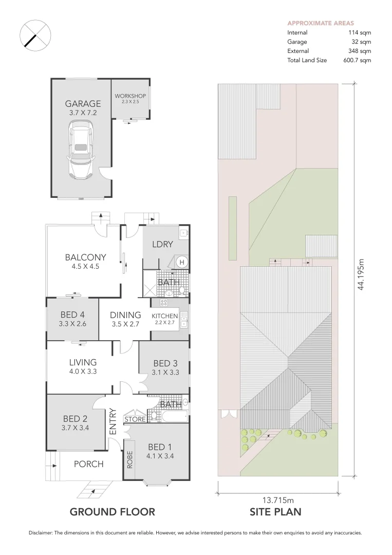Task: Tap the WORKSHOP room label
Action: click(130, 96)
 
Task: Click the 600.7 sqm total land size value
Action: click(358, 60)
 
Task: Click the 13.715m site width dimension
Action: click(278, 499)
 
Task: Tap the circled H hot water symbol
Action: click(181, 263)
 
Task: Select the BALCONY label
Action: click(85, 257)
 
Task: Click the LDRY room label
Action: click(162, 245)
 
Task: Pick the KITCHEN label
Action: click(164, 316)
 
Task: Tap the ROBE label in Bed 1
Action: click(130, 458)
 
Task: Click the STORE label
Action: click(135, 419)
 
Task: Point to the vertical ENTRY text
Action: click(114, 421)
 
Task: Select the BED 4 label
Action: click(72, 314)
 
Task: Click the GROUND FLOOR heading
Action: click(112, 512)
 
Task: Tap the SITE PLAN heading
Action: click(275, 512)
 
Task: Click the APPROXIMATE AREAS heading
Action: click(321, 23)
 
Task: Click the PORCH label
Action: click(88, 464)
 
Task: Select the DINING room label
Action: click(126, 315)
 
